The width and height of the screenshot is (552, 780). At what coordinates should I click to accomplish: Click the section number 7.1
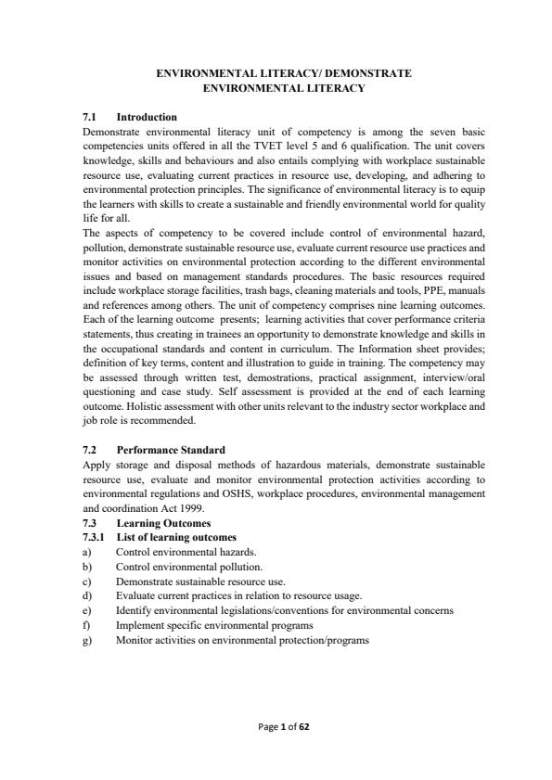pyautogui.click(x=91, y=118)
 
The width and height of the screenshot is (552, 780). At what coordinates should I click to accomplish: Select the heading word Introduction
pyautogui.click(x=146, y=118)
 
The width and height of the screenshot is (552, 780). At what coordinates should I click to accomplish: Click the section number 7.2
pyautogui.click(x=91, y=449)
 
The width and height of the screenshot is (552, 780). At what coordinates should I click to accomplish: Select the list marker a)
pyautogui.click(x=87, y=551)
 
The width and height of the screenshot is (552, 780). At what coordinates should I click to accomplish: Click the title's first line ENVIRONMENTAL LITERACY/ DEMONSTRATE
pyautogui.click(x=275, y=71)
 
